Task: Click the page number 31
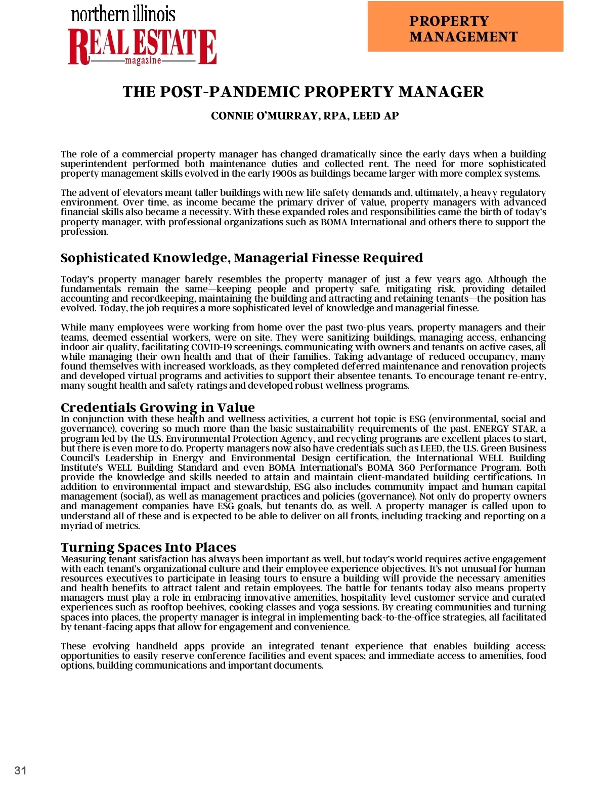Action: tap(20, 770)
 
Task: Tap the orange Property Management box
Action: tap(465, 27)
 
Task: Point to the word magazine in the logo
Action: tap(143, 61)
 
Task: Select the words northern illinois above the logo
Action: tap(123, 14)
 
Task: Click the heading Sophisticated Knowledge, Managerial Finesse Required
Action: tap(241, 258)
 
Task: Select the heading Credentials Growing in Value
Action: tap(157, 407)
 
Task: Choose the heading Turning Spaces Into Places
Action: tap(148, 547)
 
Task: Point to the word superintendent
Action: tap(94, 164)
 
